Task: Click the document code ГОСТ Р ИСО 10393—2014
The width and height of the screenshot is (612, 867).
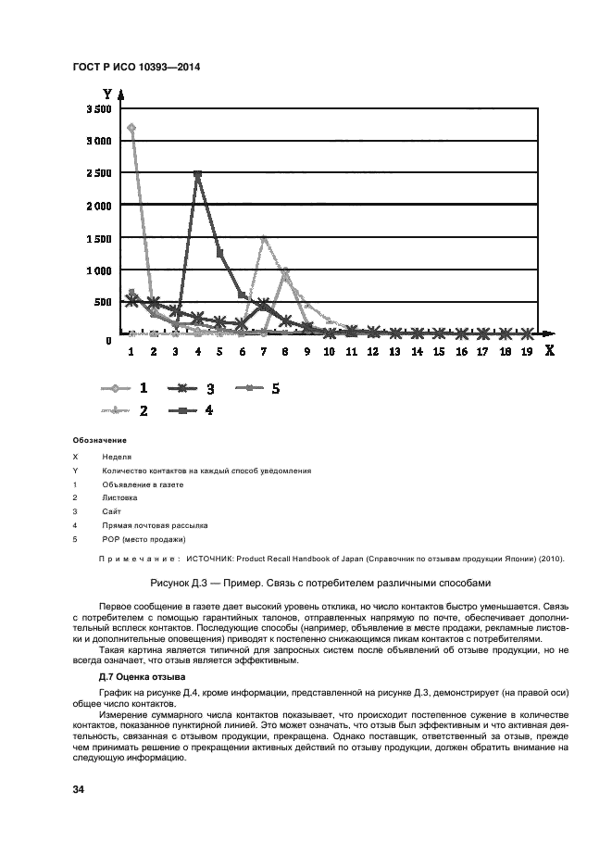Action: [x=136, y=68]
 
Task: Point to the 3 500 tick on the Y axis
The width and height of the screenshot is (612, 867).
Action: [x=99, y=109]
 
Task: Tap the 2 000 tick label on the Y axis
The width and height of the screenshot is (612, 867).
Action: [x=99, y=206]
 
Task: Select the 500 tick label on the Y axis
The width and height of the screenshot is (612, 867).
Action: [x=103, y=302]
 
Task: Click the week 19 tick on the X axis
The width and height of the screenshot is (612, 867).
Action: [x=527, y=352]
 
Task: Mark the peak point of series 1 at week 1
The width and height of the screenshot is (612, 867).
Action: [x=131, y=128]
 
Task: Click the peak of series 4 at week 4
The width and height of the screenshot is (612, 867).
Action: [x=197, y=173]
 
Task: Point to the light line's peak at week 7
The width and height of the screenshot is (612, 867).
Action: [x=264, y=238]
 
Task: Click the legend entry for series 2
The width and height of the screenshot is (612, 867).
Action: [x=125, y=409]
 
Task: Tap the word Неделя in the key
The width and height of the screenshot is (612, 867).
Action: [x=117, y=457]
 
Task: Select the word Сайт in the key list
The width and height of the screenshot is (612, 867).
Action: [x=111, y=511]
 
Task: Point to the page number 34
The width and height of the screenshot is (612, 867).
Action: [x=79, y=789]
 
